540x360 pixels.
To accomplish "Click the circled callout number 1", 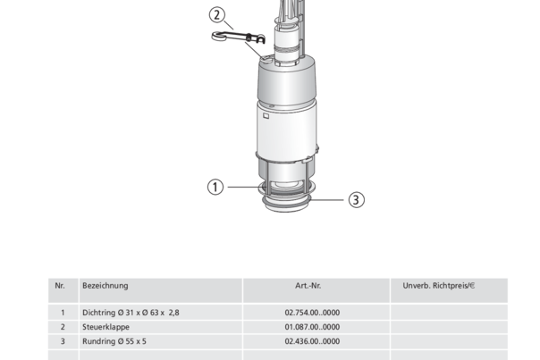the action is click(215, 187).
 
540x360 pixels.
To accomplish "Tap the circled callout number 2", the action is click(217, 15).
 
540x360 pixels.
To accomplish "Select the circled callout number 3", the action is click(356, 199).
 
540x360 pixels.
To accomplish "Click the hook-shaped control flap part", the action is click(238, 38).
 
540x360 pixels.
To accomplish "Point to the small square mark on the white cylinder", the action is click(266, 116).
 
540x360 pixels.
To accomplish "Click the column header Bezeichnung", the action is click(105, 286).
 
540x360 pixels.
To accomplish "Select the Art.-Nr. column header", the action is click(308, 286).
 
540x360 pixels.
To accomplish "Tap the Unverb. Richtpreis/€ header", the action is click(439, 286).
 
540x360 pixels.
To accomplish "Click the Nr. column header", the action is click(60, 286).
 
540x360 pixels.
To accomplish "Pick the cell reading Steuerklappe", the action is click(105, 327).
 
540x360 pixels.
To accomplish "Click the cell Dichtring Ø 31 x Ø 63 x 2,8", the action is click(131, 313).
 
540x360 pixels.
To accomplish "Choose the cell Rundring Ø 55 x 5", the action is click(114, 341).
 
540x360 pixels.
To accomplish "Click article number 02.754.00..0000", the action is click(312, 313).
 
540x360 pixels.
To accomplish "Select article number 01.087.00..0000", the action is click(312, 327).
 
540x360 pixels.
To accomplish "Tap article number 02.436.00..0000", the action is click(312, 341).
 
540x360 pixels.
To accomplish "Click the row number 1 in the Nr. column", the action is click(63, 313).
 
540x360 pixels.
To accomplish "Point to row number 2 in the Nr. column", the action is click(63, 327).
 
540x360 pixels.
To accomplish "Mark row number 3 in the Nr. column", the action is click(63, 341).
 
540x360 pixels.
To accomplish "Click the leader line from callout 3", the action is click(327, 199).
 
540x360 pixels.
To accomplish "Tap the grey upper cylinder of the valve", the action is click(286, 82).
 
